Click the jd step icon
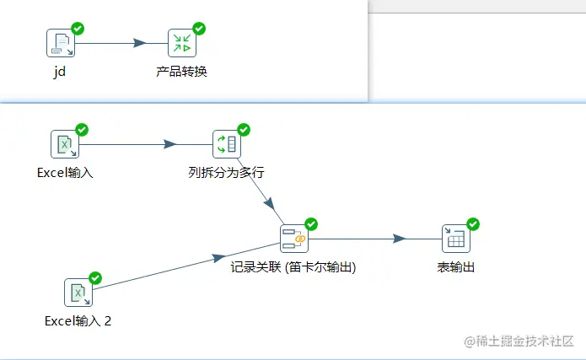coord(60,43)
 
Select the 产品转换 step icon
coord(180,43)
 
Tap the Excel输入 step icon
coord(64,144)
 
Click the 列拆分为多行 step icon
coord(226,144)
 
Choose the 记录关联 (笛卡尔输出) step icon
coord(293,239)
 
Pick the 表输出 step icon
coord(455,239)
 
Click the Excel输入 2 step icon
coord(78,293)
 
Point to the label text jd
coord(59,72)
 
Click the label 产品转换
coord(181,72)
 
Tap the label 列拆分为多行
coord(226,173)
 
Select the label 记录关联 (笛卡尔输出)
coord(293,267)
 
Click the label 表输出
coord(455,267)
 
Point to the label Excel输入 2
coord(78,321)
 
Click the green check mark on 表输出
coord(473,224)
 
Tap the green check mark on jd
coord(78,29)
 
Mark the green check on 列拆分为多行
coord(244,130)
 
